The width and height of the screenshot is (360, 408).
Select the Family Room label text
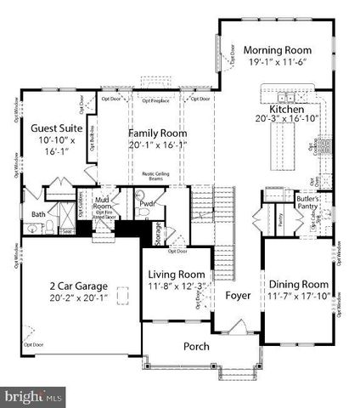coord(157,133)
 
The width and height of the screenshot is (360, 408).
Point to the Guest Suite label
coord(56,127)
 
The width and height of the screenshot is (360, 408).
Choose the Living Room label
coord(177,275)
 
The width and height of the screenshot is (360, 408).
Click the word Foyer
coord(238,296)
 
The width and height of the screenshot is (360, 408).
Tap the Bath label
coord(38,214)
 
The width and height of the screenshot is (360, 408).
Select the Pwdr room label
coord(147,204)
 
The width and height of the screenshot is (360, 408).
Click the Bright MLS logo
coord(34,396)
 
